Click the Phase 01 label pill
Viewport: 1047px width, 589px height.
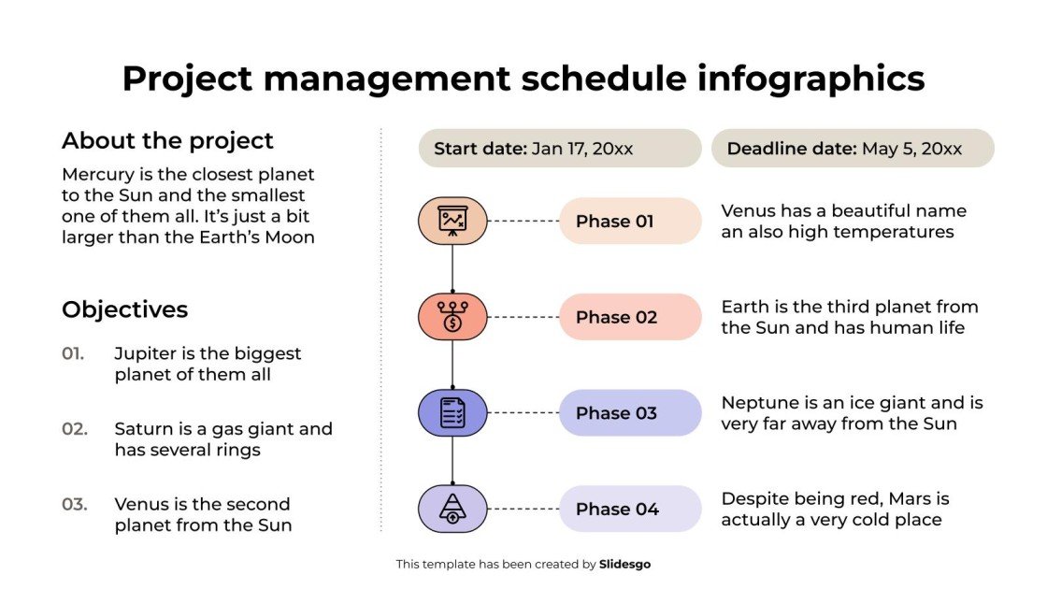pyautogui.click(x=630, y=222)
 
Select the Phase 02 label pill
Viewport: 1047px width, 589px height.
pyautogui.click(x=630, y=317)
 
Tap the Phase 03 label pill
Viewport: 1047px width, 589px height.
pyautogui.click(x=630, y=413)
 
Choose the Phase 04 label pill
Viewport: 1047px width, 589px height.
pyautogui.click(x=630, y=510)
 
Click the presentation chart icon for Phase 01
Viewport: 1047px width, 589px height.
pyautogui.click(x=452, y=222)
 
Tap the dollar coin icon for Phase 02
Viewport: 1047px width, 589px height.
pyautogui.click(x=452, y=317)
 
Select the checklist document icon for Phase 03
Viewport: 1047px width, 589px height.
pyautogui.click(x=452, y=413)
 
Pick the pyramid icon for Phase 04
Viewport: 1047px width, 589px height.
pyautogui.click(x=452, y=510)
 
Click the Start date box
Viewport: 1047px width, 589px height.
pyautogui.click(x=559, y=149)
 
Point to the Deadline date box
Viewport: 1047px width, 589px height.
pyautogui.click(x=852, y=149)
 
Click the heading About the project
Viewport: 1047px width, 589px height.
pyautogui.click(x=167, y=141)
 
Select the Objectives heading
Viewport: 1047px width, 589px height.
pyautogui.click(x=124, y=309)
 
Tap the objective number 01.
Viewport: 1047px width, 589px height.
pyautogui.click(x=73, y=353)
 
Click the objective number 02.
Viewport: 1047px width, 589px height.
pyautogui.click(x=75, y=429)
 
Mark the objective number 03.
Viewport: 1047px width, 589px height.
pyautogui.click(x=75, y=504)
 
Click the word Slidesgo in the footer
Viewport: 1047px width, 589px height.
pyautogui.click(x=624, y=565)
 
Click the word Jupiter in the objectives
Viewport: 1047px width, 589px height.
pyautogui.click(x=145, y=353)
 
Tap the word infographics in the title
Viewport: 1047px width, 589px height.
pyautogui.click(x=810, y=79)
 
